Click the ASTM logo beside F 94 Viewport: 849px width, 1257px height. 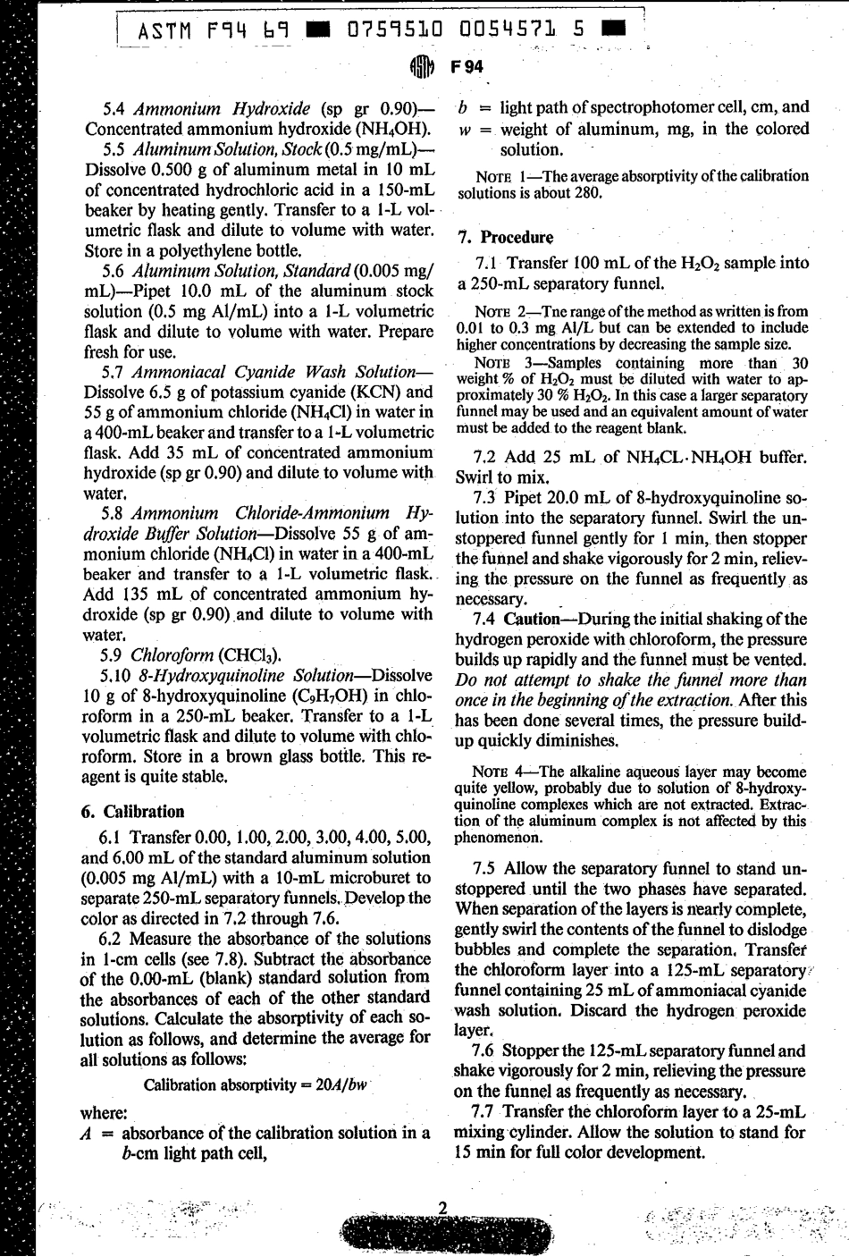pos(421,68)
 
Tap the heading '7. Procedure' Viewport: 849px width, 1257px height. pos(505,237)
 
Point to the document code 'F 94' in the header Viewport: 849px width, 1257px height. pos(467,67)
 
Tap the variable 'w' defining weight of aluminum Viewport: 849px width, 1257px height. pos(464,129)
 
